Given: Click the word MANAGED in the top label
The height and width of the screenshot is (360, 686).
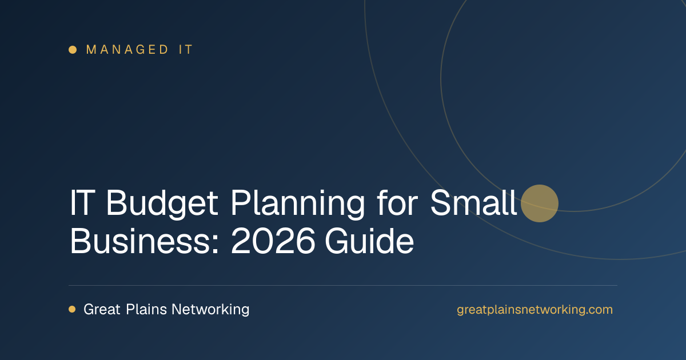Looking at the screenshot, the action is [127, 50].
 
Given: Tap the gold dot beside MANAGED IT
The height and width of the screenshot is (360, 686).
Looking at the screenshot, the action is [73, 50].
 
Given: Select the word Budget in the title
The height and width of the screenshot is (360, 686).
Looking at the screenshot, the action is [162, 204].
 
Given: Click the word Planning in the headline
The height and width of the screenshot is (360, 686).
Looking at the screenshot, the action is [298, 204].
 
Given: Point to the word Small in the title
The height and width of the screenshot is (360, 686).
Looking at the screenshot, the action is [473, 202].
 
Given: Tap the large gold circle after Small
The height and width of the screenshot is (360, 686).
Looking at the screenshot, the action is [540, 203].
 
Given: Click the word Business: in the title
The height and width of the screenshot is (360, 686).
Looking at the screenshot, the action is [144, 241].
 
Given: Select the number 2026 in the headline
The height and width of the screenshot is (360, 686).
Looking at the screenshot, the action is [273, 241].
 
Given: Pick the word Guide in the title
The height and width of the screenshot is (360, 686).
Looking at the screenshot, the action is [369, 241].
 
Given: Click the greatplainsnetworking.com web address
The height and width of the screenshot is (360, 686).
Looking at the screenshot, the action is [535, 310].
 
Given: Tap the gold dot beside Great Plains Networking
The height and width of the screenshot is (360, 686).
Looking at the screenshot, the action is [72, 309].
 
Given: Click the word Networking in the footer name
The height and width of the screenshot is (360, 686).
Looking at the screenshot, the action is [210, 310].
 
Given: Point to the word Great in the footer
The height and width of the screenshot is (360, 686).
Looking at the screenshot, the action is [102, 309].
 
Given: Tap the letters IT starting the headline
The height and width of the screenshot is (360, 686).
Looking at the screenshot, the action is [82, 202].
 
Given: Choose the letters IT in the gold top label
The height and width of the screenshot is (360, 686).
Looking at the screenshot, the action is [186, 50].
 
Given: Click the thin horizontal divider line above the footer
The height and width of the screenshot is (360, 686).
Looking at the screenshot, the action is [343, 285].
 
